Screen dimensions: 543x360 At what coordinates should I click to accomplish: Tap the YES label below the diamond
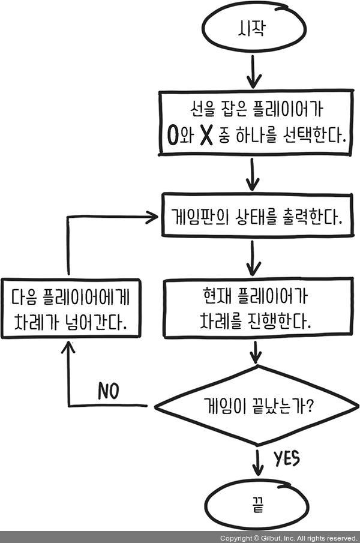point(287,460)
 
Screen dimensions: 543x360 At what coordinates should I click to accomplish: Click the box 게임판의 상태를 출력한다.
point(257,217)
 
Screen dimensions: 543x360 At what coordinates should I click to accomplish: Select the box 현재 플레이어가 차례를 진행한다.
point(257,308)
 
